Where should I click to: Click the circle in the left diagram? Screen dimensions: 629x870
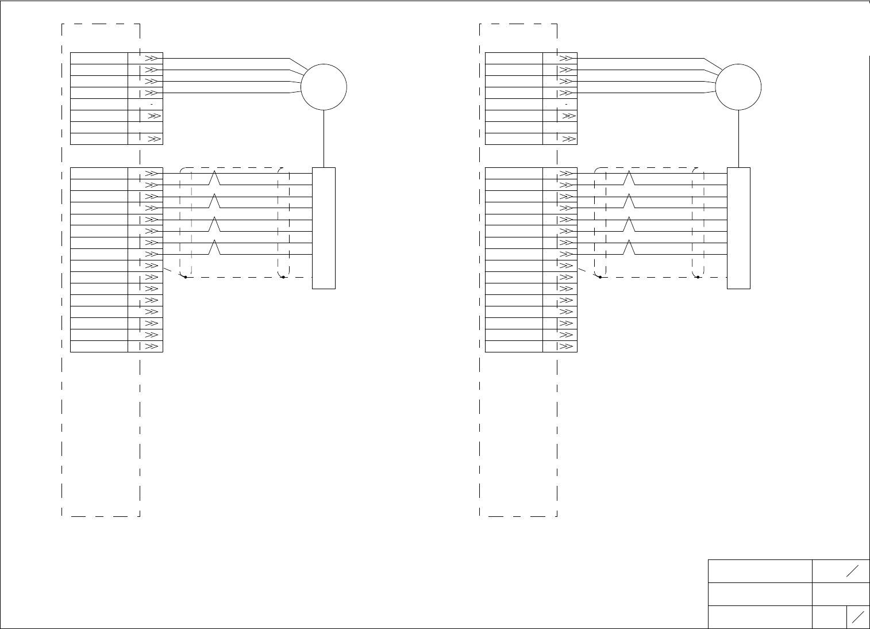[x=324, y=87]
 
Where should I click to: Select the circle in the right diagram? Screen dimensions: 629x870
[x=738, y=87]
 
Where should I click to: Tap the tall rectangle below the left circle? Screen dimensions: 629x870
[x=324, y=228]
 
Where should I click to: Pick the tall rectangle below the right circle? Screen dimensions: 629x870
[x=738, y=228]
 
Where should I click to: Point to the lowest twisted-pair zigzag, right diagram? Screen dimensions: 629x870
[x=629, y=247]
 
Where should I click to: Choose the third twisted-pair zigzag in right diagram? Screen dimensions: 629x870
[x=629, y=224]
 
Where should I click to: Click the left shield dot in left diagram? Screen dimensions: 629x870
[x=185, y=277]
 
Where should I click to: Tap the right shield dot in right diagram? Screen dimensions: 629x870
[x=698, y=277]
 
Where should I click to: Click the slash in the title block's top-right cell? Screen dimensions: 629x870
[x=852, y=571]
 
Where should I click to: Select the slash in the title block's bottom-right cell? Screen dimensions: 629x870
[x=858, y=617]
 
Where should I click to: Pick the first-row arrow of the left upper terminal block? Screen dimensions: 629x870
[x=151, y=59]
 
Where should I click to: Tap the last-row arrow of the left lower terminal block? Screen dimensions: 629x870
[x=151, y=347]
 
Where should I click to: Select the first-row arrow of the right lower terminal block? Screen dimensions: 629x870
[x=566, y=174]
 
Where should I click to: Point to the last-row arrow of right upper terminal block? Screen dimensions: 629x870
[x=568, y=139]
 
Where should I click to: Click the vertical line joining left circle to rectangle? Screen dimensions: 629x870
[x=324, y=139]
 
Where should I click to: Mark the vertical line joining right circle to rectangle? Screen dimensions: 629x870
[x=739, y=139]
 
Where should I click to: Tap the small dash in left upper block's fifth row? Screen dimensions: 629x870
[x=151, y=104]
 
